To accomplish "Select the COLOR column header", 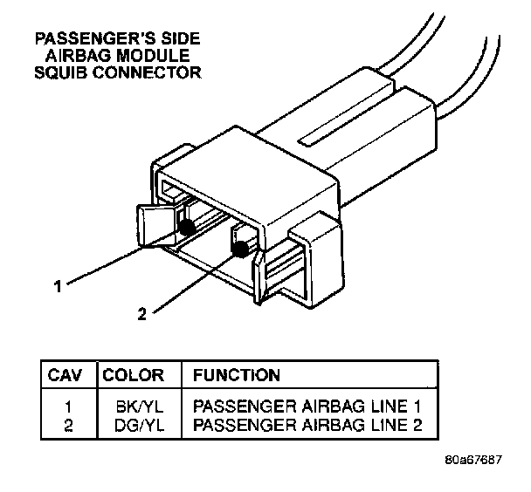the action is pos(134,376).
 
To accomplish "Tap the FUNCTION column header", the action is pos(237,376).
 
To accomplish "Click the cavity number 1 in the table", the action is pos(69,407).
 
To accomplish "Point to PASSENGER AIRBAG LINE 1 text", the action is pos(313,407).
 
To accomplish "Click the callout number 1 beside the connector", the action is pos(58,284).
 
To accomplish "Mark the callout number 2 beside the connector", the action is pos(142,313).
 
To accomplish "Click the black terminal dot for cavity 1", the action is pos(187,228).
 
